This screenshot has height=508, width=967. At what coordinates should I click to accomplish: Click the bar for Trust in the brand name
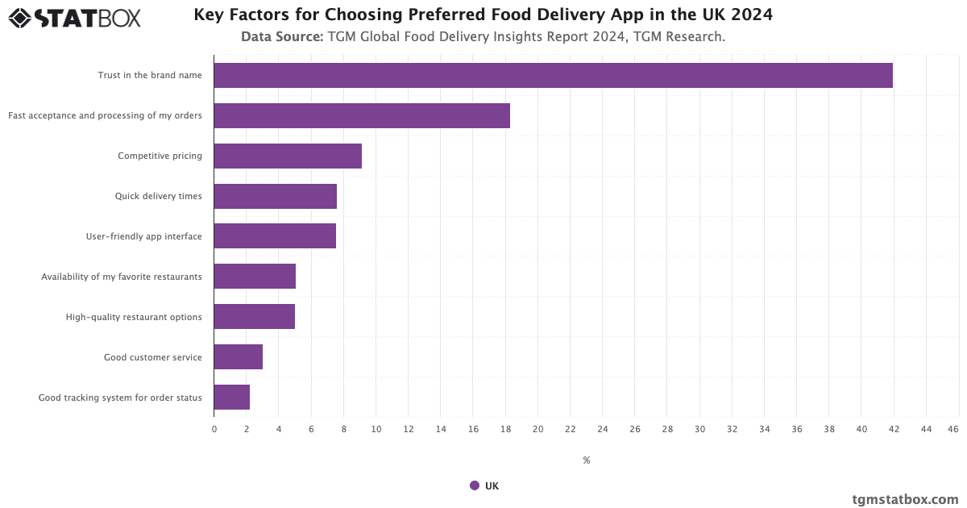[x=553, y=75]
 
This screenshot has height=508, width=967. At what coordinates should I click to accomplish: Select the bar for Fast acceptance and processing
[x=362, y=115]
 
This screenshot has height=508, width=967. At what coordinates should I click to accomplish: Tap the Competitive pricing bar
[x=288, y=156]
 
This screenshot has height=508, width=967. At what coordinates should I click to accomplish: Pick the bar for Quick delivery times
[x=275, y=196]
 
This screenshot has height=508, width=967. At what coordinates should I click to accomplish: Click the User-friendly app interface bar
[x=275, y=236]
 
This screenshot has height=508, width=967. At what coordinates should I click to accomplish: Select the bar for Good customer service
[x=239, y=357]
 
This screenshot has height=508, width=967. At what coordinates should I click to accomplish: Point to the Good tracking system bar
[x=232, y=398]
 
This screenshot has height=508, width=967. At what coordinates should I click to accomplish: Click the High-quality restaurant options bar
[x=255, y=317]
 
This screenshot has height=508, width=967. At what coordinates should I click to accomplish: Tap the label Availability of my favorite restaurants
[x=122, y=277]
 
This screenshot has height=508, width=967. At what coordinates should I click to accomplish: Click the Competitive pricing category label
[x=160, y=156]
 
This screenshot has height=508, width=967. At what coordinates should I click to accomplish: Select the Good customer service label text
[x=153, y=357]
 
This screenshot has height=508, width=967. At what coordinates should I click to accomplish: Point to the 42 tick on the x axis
[x=894, y=429]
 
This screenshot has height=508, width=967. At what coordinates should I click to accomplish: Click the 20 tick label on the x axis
[x=537, y=429]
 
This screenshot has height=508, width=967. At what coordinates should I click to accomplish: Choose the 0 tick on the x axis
[x=214, y=429]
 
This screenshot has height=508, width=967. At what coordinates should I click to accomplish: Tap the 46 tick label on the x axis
[x=953, y=429]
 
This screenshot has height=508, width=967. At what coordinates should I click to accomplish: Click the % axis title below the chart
[x=586, y=460]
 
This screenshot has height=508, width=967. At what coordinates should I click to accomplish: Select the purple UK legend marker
[x=475, y=485]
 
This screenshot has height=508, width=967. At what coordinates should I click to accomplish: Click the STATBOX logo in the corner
[x=74, y=17]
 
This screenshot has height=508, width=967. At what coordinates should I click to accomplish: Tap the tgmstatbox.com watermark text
[x=905, y=499]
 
